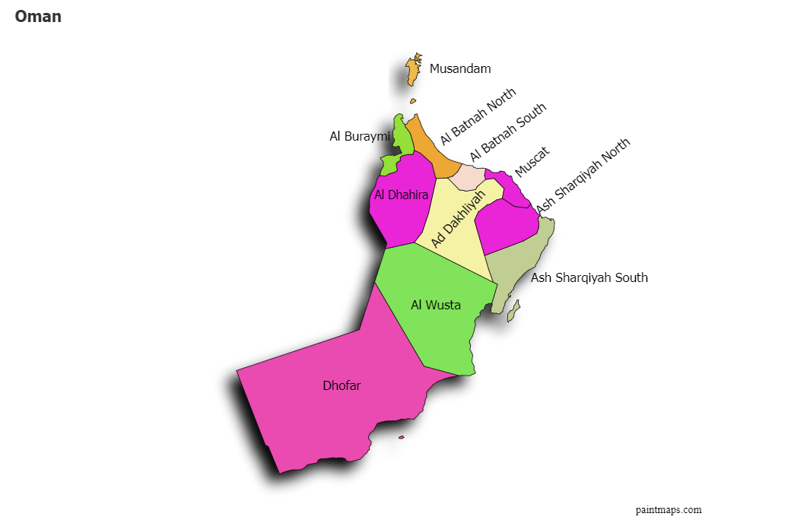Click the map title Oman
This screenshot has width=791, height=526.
click(x=38, y=17)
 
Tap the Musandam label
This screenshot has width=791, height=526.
click(x=460, y=68)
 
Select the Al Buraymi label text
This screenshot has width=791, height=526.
click(x=359, y=137)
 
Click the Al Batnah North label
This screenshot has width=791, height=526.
click(x=478, y=116)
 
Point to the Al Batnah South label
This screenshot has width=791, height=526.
click(x=507, y=132)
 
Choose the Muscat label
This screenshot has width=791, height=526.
click(x=532, y=162)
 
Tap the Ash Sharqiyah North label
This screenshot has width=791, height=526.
click(x=583, y=176)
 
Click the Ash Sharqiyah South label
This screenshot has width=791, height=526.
click(x=589, y=277)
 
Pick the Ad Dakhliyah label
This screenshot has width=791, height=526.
click(x=458, y=219)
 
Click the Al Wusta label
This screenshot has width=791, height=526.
click(x=436, y=305)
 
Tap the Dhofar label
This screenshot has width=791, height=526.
click(x=341, y=385)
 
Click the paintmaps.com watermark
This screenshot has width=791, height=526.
click(x=669, y=510)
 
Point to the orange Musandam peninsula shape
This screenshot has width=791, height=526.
click(x=413, y=72)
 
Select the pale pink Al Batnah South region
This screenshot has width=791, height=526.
click(x=465, y=177)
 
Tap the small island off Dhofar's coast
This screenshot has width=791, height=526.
click(x=402, y=437)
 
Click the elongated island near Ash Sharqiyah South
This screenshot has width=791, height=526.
click(x=514, y=310)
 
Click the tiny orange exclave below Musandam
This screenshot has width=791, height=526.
click(x=413, y=100)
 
